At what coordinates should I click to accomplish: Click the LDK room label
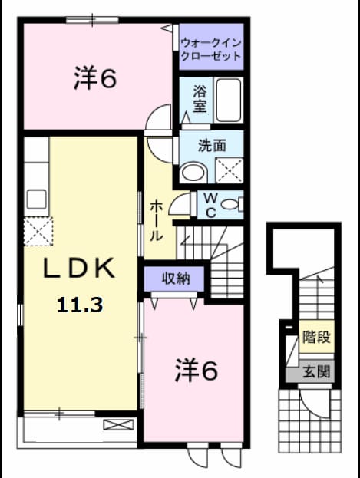click(79, 268)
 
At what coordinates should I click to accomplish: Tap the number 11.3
click(80, 305)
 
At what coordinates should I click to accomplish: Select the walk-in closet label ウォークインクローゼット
click(211, 49)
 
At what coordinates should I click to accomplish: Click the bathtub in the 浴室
click(229, 100)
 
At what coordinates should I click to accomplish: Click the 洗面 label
click(212, 145)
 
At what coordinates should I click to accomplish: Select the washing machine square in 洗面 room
click(230, 170)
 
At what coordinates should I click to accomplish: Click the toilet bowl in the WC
click(232, 204)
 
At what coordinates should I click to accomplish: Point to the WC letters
click(210, 205)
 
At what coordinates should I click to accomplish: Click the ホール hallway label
click(157, 221)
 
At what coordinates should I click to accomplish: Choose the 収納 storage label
click(176, 279)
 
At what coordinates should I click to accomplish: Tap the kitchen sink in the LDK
click(37, 199)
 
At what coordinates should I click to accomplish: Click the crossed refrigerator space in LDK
click(38, 232)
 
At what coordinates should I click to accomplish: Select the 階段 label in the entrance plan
click(316, 337)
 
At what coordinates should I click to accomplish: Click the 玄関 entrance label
click(316, 371)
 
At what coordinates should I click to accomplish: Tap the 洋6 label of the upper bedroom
click(95, 79)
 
